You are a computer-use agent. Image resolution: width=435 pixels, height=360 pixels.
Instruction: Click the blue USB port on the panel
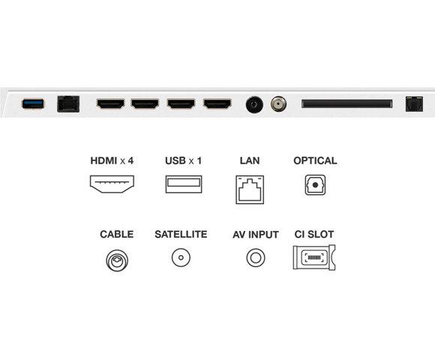point(32,103)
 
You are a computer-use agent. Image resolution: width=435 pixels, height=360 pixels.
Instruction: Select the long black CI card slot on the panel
point(346,103)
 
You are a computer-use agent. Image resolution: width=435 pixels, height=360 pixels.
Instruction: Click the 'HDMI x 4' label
point(116,160)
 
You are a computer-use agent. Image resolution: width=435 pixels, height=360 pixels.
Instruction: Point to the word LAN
point(249,160)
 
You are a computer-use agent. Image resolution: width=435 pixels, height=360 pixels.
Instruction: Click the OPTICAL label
point(315,160)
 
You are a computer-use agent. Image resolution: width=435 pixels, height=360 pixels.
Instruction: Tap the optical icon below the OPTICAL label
point(315,184)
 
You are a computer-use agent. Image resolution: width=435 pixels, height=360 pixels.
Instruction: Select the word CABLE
point(116,235)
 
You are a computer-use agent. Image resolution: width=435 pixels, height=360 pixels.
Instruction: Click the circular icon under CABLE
point(116,259)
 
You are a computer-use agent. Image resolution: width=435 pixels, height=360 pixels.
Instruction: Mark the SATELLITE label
point(181,235)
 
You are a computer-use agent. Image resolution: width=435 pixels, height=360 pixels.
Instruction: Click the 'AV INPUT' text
point(256,235)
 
